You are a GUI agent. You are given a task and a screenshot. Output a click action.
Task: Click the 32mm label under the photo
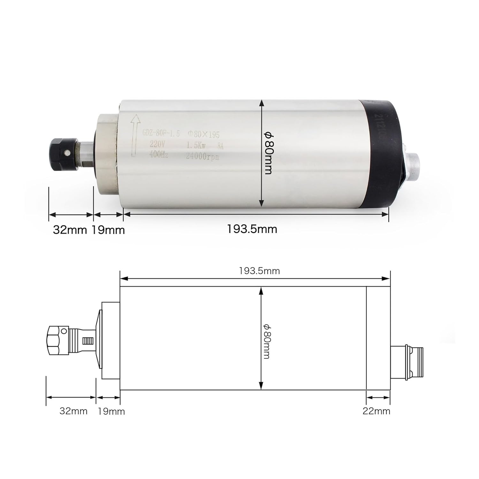70,230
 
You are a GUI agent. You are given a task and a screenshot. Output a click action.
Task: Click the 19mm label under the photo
108,230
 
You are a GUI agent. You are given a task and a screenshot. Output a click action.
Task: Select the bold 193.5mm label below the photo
252,229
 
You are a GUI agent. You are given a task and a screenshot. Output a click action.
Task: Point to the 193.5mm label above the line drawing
259,271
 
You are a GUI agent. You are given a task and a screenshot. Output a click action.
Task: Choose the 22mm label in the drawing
376,411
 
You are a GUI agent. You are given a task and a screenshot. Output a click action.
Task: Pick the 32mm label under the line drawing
73,411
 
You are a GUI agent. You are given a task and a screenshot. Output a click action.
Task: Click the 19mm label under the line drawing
111,411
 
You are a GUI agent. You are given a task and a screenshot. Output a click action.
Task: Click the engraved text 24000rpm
202,156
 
